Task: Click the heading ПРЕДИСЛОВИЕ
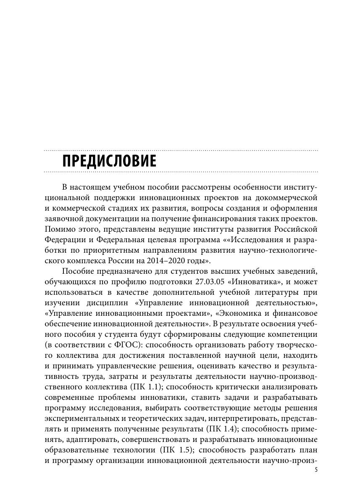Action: (109, 161)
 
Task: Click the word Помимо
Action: (58, 229)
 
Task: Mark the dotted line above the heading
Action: (181, 150)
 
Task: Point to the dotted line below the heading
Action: (181, 172)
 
